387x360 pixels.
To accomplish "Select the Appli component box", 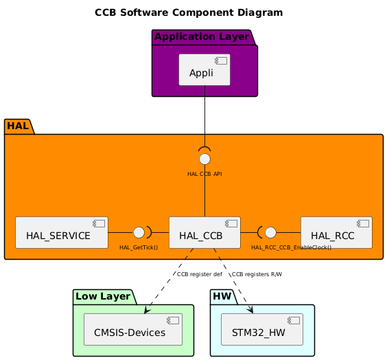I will click(x=204, y=69).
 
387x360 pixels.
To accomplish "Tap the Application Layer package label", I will click(x=202, y=36).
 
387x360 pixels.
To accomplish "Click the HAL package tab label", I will click(x=18, y=126).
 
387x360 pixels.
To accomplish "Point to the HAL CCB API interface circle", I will click(x=204, y=159).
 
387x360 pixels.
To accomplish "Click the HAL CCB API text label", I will click(x=204, y=174).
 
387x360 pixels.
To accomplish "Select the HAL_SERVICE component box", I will click(x=61, y=233).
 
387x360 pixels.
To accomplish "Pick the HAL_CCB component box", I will click(x=204, y=233).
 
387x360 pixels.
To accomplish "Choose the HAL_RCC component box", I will click(x=336, y=233).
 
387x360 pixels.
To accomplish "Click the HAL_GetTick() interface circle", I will click(x=139, y=232).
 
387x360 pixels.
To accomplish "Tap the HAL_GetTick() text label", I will click(x=134, y=247).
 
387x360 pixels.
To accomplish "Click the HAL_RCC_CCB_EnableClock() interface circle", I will click(x=270, y=232).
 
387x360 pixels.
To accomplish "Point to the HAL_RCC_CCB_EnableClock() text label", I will click(x=291, y=247).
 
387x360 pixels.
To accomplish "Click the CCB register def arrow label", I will click(x=199, y=274).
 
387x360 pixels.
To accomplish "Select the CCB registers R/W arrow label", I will click(x=257, y=274).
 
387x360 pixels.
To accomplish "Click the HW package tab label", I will click(x=223, y=296).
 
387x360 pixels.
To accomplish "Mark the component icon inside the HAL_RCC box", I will click(x=363, y=223).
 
